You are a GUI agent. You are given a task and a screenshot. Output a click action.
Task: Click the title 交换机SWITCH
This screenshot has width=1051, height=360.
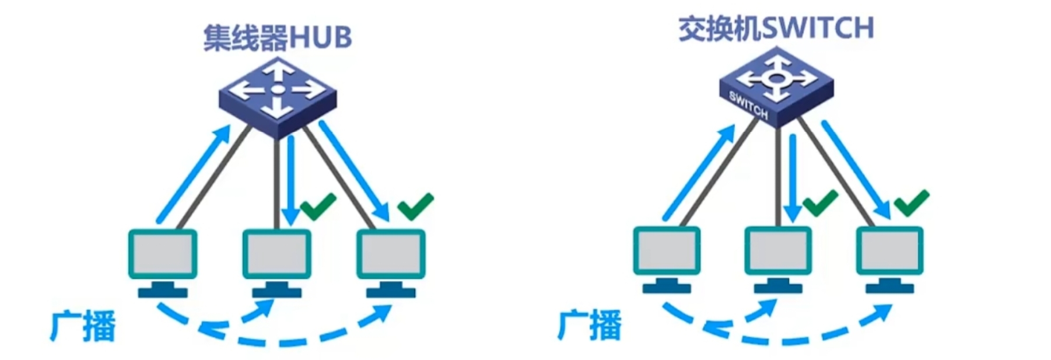tap(776, 28)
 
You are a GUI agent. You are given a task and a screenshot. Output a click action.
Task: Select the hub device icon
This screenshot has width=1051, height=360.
tap(278, 97)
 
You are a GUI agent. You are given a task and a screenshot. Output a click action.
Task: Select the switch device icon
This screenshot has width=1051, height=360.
tap(776, 86)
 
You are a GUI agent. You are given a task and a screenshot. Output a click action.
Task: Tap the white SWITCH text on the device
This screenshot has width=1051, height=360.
tap(748, 105)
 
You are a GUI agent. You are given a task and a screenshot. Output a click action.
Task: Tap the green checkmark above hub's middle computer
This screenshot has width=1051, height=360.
tap(318, 207)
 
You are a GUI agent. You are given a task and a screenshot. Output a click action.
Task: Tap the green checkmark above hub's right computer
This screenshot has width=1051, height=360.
tap(415, 207)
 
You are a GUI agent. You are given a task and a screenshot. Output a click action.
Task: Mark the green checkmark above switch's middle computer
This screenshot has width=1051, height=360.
tap(821, 204)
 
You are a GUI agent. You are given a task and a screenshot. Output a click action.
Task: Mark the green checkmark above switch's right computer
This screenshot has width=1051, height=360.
tap(912, 204)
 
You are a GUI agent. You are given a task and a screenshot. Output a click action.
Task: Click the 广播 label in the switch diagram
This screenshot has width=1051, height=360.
tap(590, 324)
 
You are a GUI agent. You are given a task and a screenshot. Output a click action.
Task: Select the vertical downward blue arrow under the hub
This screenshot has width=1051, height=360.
tap(290, 181)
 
